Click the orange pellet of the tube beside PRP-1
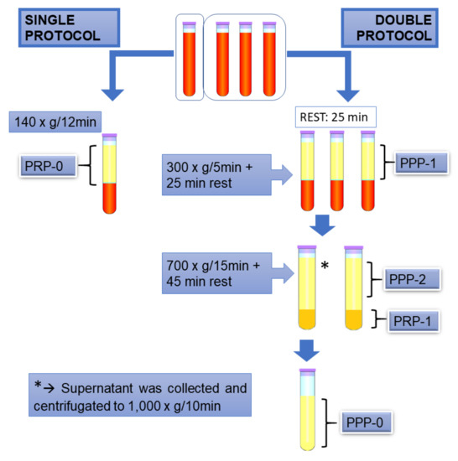[351, 319]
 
